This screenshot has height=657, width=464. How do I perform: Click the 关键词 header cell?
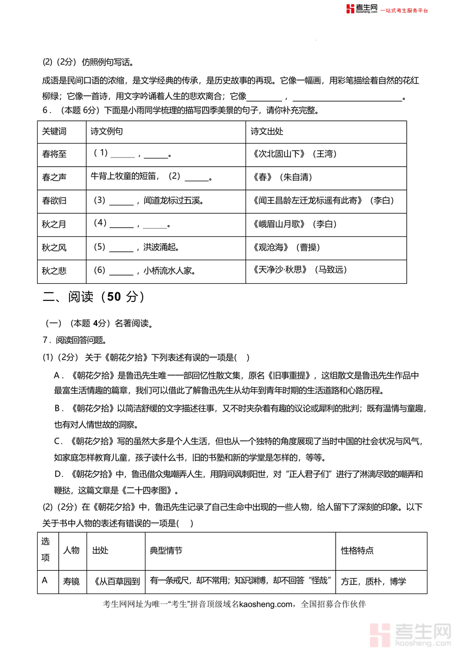pos(54,132)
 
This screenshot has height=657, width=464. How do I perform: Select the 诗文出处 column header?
pos(267,132)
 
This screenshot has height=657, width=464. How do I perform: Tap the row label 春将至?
pos(54,154)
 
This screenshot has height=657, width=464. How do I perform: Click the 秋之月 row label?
pos(54,224)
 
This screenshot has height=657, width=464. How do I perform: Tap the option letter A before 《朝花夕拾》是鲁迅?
pos(58,375)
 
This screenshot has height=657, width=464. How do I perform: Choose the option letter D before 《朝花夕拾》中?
pos(58,474)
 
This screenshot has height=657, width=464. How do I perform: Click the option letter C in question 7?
pos(58,441)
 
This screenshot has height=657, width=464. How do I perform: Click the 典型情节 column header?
pos(165,551)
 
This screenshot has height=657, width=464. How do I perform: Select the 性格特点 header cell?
pos(357,551)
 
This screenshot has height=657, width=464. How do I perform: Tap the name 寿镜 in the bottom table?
pos(71,581)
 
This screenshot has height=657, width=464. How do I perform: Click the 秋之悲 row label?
pos(54,270)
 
